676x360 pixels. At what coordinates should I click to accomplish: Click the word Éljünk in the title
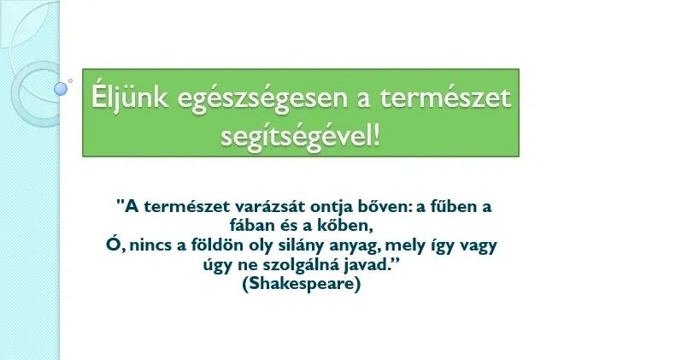(129, 97)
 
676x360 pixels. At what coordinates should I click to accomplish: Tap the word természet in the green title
(445, 97)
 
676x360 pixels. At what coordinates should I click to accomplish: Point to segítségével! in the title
(301, 137)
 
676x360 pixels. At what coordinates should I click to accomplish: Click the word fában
(248, 226)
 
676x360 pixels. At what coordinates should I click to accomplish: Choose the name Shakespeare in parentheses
(301, 285)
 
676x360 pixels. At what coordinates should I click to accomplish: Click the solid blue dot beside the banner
(61, 89)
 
